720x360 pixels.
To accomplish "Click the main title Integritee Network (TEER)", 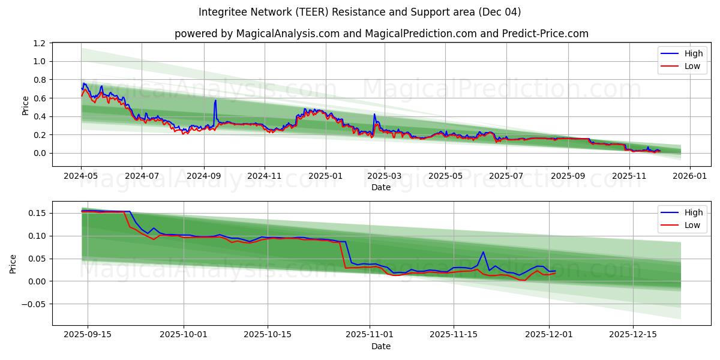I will click(x=360, y=12).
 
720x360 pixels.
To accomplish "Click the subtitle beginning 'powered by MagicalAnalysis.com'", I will click(x=381, y=34).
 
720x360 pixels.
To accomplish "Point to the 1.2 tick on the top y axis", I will click(x=40, y=43).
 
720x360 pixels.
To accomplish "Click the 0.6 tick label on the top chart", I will click(x=40, y=98).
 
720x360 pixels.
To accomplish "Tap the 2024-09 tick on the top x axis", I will click(x=203, y=176).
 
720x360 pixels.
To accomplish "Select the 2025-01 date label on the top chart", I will click(x=326, y=176).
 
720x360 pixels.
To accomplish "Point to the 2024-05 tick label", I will click(x=81, y=176).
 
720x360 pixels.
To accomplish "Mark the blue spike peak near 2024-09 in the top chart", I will click(x=215, y=100).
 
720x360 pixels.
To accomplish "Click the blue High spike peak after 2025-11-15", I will click(x=483, y=252).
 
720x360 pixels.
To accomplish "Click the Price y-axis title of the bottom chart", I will click(x=13, y=263).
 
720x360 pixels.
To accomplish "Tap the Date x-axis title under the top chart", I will click(x=380, y=187).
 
